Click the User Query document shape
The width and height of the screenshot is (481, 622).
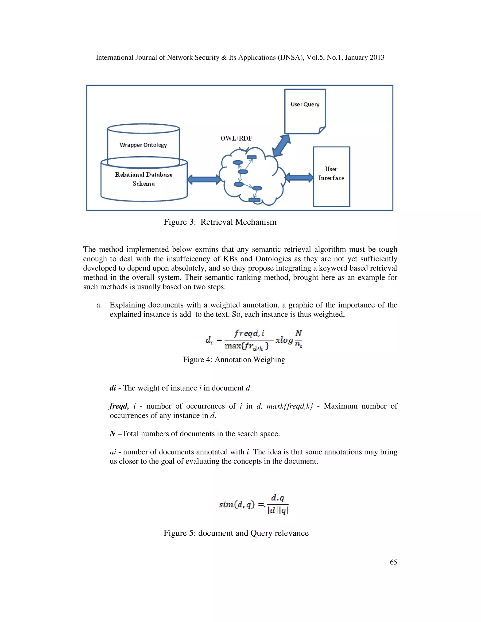(305, 111)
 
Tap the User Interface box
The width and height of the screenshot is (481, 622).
(331, 177)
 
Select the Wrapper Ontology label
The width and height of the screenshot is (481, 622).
(143, 145)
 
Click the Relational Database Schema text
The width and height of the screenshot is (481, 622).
(144, 179)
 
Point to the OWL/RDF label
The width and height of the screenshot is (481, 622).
(236, 138)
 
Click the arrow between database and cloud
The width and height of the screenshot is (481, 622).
(204, 179)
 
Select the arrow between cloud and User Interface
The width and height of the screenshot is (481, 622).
(299, 177)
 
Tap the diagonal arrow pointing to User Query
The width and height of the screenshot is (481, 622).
(281, 146)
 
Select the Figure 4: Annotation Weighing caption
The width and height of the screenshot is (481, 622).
(234, 359)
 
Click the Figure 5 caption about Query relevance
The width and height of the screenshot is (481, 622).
(236, 533)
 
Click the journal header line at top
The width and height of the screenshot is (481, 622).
(240, 58)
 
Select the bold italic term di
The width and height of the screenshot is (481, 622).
(113, 388)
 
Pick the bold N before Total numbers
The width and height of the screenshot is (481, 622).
(112, 434)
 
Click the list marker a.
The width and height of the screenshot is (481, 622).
(99, 305)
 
